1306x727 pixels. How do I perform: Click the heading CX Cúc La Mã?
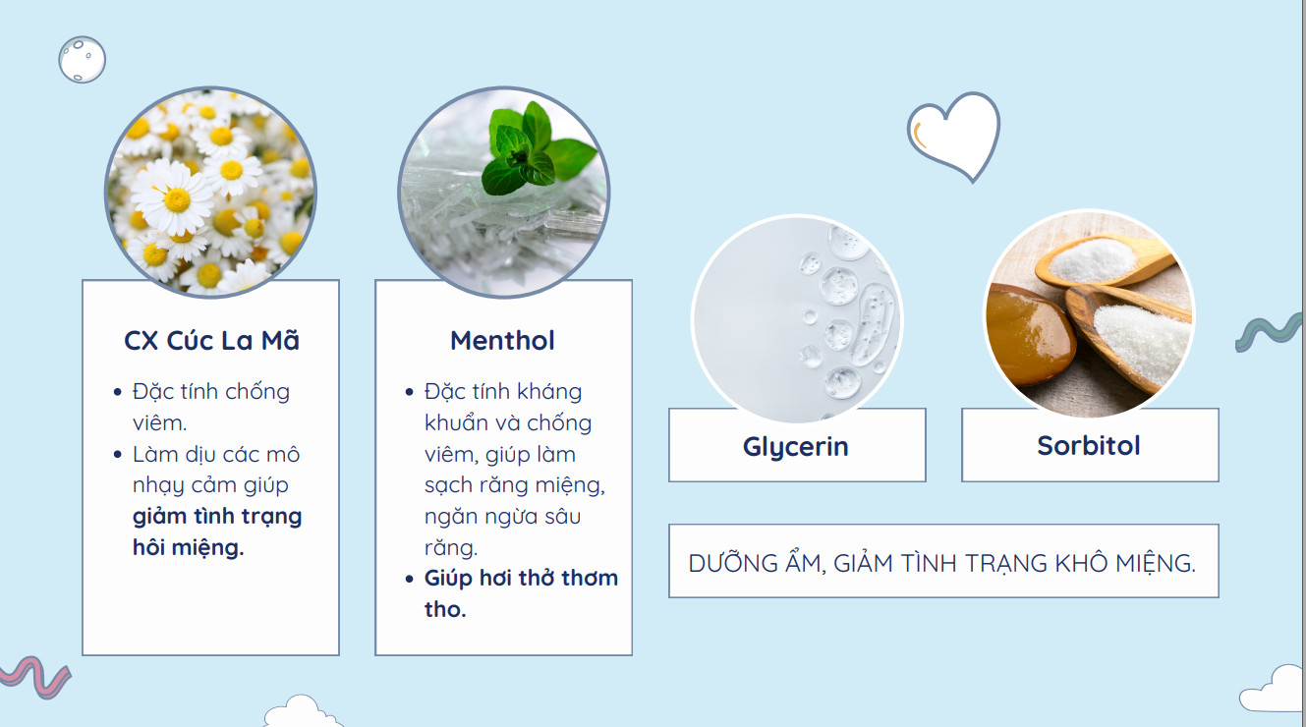tap(211, 341)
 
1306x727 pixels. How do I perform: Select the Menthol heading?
tap(502, 341)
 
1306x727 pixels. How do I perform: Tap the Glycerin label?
tap(796, 447)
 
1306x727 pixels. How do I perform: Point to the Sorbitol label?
tap(1089, 446)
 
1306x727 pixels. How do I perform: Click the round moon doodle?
tap(83, 60)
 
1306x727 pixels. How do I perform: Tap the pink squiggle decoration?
tap(35, 676)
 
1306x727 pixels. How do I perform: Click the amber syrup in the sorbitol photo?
tap(1029, 335)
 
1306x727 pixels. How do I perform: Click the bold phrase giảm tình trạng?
tap(217, 517)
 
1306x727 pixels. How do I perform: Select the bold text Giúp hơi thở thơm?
tap(521, 578)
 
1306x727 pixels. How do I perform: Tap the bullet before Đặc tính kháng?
tap(409, 392)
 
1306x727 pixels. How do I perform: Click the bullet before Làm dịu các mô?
tap(118, 454)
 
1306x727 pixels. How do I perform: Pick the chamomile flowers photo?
tap(210, 192)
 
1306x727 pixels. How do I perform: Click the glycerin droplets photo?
tap(797, 319)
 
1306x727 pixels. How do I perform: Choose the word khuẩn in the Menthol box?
tap(456, 423)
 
